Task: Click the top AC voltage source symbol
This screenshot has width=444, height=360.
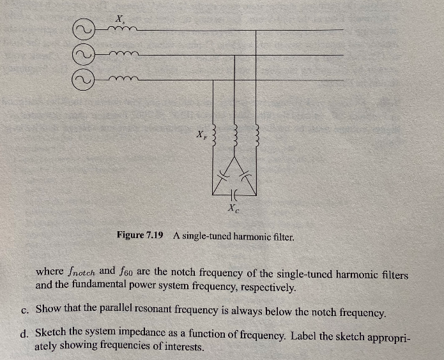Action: [x=83, y=29]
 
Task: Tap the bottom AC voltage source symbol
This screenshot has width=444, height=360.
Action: [x=83, y=80]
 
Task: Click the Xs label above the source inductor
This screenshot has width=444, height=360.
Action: [x=119, y=19]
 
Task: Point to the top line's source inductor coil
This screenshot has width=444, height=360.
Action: [x=122, y=28]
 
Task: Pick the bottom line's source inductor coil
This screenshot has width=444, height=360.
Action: [x=123, y=79]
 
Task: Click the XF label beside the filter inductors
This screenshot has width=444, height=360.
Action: [x=202, y=135]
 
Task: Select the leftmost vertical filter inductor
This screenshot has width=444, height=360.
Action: [x=215, y=137]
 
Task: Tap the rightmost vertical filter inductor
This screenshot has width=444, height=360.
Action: [x=257, y=137]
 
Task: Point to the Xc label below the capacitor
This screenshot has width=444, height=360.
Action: [x=234, y=209]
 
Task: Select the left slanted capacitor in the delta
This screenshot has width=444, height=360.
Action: [x=224, y=177]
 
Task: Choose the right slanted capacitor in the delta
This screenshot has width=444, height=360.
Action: [x=245, y=176]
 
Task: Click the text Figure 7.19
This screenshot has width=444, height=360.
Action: [x=140, y=235]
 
